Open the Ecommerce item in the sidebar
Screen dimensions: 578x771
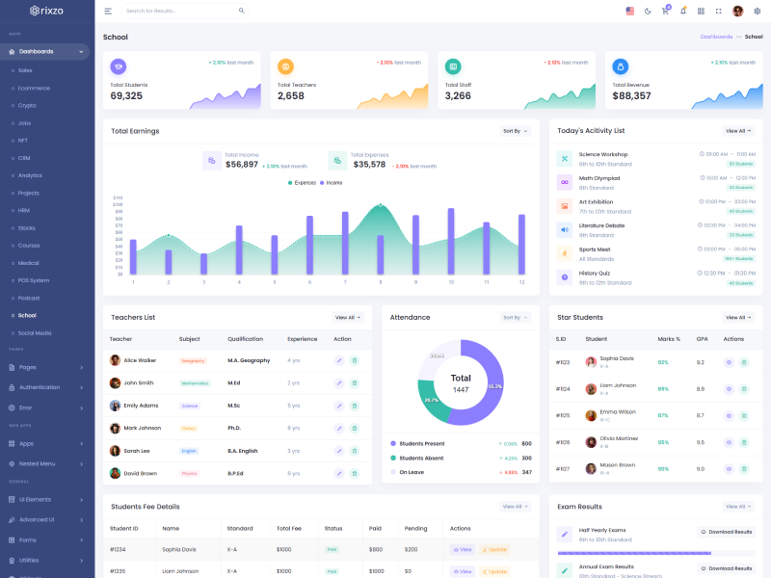[34, 88]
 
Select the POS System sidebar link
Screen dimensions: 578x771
[34, 280]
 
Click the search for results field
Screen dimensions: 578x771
[178, 11]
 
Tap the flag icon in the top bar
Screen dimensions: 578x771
[630, 11]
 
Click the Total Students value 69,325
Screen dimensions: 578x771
[126, 95]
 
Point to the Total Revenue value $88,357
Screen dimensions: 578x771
[631, 95]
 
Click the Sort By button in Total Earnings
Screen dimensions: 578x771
[515, 131]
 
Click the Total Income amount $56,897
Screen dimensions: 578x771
[241, 165]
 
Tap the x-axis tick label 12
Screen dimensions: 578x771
[521, 282]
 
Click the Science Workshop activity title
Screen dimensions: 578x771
[602, 154]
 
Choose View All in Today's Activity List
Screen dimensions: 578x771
[737, 131]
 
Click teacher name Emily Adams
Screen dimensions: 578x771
[141, 406]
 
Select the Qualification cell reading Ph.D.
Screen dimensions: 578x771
[234, 428]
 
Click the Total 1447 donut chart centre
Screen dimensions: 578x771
[461, 382]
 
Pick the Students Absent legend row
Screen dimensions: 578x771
[421, 458]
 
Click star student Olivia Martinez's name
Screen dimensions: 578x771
[619, 438]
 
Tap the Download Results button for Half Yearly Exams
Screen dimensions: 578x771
[726, 532]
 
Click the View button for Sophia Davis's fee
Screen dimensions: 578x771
[463, 549]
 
